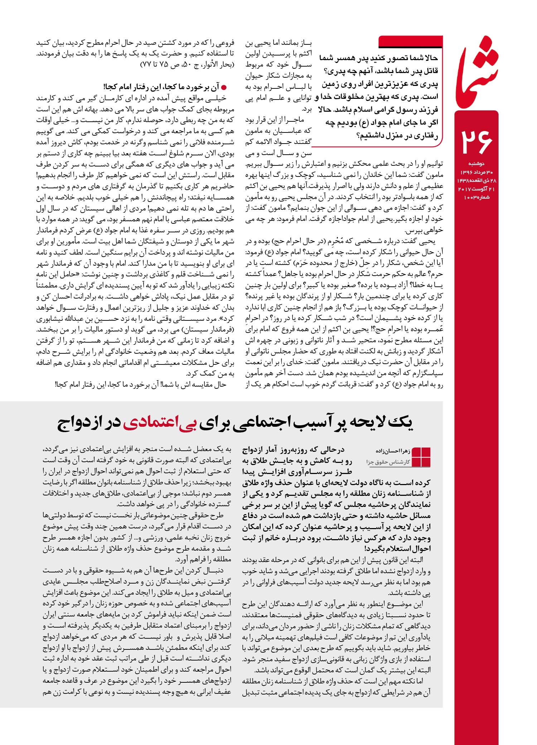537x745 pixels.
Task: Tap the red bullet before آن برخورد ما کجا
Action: point(224,87)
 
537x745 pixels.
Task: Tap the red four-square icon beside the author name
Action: point(421,457)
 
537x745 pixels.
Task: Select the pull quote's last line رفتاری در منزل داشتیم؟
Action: point(397,136)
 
